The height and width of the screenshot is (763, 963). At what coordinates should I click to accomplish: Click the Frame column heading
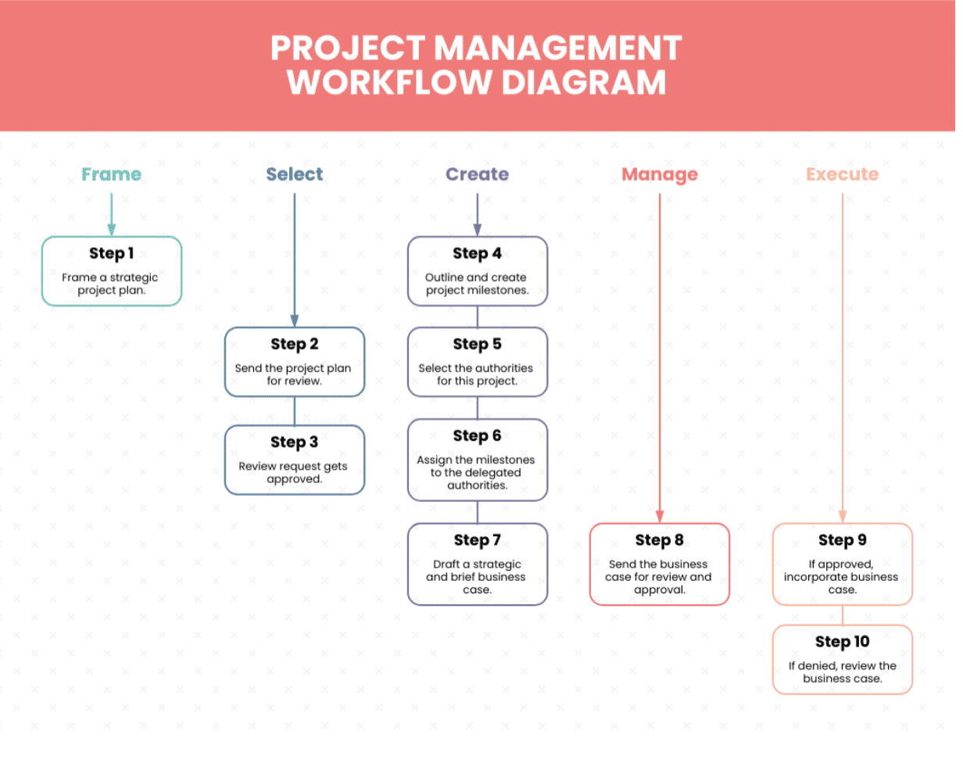tap(111, 174)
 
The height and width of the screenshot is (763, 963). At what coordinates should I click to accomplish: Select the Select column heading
tap(294, 174)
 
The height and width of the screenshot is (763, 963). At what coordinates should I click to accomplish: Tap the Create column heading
tap(477, 174)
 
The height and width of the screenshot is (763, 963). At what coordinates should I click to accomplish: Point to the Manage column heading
tap(660, 174)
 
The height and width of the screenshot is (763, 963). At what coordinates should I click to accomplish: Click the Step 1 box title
tap(111, 253)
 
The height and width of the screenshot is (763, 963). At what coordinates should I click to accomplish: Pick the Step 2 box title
tap(294, 344)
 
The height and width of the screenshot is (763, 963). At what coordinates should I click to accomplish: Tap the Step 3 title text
tap(294, 442)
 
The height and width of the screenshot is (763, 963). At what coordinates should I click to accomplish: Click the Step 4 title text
tap(477, 253)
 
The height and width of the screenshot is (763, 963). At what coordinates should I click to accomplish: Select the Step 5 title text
tap(477, 344)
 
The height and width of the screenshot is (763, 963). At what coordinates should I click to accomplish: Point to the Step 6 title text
tap(477, 435)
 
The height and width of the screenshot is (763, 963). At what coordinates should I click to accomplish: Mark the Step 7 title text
tap(477, 540)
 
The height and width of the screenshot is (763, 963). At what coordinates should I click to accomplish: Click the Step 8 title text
tap(660, 540)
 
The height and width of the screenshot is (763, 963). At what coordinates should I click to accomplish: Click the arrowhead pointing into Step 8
tap(660, 517)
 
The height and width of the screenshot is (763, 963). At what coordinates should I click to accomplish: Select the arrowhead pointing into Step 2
tap(294, 321)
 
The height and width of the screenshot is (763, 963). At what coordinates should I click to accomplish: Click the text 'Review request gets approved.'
tap(294, 472)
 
